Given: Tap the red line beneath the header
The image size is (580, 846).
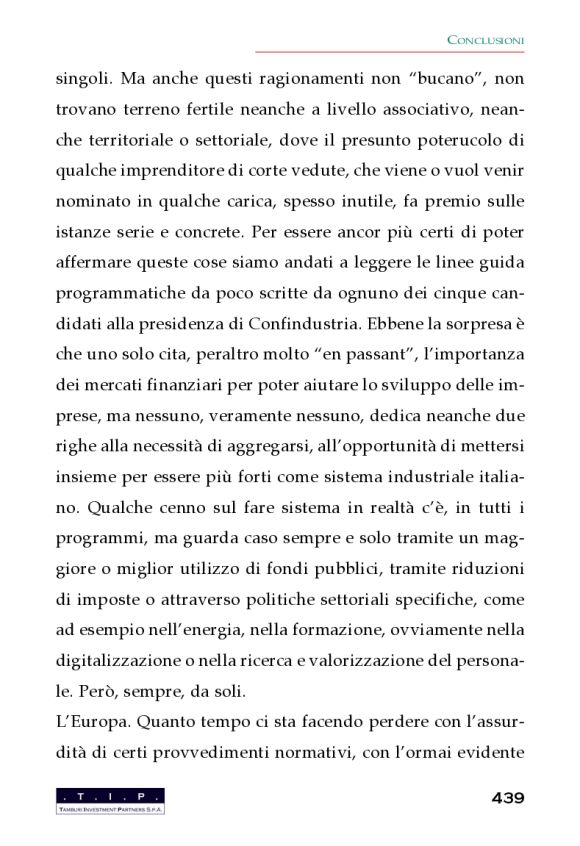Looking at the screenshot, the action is click(390, 51).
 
